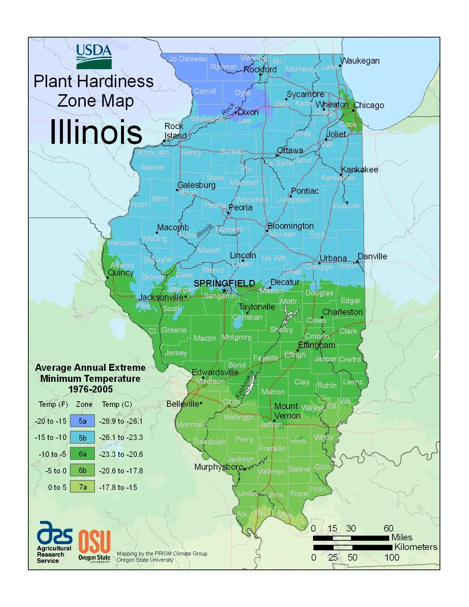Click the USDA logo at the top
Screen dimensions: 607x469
coord(94,56)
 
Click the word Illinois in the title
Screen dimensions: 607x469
coord(96,132)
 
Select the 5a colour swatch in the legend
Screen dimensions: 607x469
coord(82,421)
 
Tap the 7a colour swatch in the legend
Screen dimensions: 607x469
coord(82,487)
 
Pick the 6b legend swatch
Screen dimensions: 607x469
coord(82,471)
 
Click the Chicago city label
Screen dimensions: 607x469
coord(369,106)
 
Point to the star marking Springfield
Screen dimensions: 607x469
coord(224,291)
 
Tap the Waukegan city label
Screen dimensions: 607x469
coord(360,61)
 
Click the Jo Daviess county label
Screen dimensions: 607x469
coord(188,59)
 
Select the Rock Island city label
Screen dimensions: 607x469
coord(175,131)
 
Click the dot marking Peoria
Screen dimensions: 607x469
coord(228,213)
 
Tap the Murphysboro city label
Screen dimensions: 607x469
coord(218,467)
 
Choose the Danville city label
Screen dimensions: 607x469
coord(372,256)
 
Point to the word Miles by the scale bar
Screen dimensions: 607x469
coord(402,537)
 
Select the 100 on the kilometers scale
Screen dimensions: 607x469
coord(392,557)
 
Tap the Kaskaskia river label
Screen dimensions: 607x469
coord(245,384)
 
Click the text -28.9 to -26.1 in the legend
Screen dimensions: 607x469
coord(121,421)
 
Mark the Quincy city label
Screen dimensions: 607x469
coord(120,273)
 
